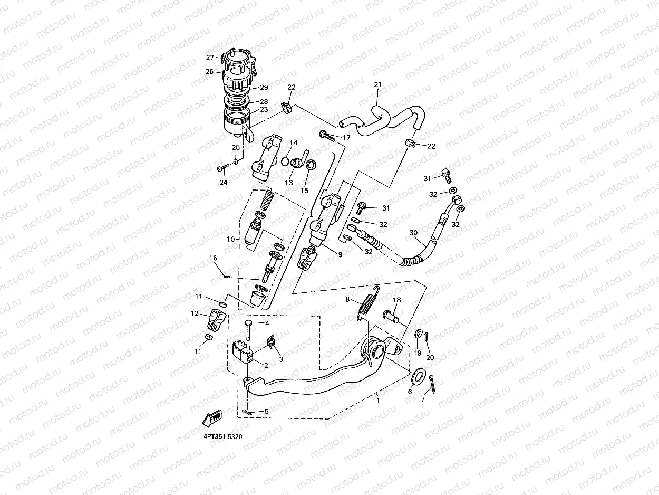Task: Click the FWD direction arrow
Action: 212,418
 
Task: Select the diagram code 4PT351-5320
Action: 223,436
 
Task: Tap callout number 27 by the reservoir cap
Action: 210,58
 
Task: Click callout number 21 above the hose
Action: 377,85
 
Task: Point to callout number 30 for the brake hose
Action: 413,233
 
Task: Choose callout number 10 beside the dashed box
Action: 230,239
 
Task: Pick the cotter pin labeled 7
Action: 432,384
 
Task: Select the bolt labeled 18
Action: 391,317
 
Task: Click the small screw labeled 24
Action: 223,169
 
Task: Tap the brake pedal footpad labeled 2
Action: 243,353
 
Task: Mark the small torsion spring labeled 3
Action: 271,342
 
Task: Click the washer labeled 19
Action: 418,334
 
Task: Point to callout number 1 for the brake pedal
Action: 379,401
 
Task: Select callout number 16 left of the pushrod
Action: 213,258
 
